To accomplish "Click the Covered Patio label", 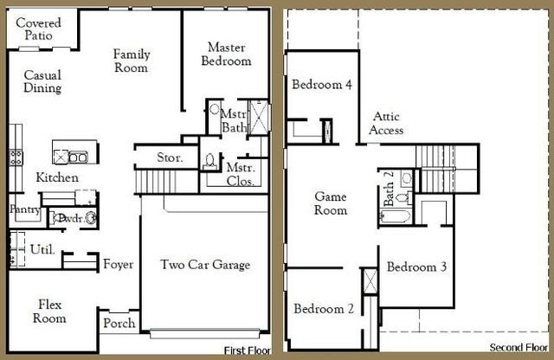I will coord(38,29).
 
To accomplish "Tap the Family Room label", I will coord(132,61).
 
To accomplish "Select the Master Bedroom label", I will coord(226,54).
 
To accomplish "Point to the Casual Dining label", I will coord(42,81).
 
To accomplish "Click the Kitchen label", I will coord(57,177).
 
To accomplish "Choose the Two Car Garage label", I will coord(205,265).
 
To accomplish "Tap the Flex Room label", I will coord(48,311).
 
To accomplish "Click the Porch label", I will coord(119,324).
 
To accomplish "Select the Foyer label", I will coord(118,264).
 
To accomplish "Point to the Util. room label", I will coord(42,249).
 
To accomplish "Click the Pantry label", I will coord(24,209).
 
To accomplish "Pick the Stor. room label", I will coord(169,157).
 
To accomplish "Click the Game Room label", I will coord(330,203).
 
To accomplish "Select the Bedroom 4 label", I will coord(321,85).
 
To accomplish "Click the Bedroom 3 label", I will coord(416,267).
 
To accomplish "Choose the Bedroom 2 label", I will coord(323,309).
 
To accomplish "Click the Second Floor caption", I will coord(518,348).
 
